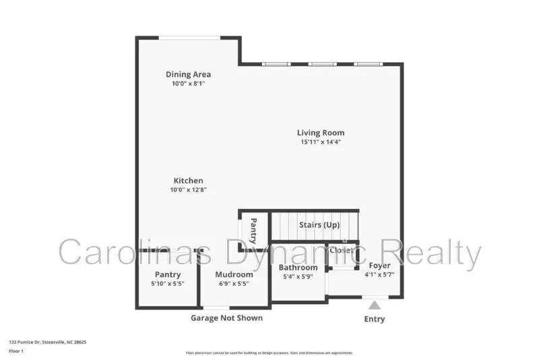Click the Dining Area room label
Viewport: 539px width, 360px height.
(x=189, y=74)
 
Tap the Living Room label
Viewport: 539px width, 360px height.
(x=321, y=133)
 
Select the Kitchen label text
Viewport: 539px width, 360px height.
(x=189, y=181)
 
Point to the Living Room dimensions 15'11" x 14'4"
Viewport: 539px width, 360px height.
(x=321, y=142)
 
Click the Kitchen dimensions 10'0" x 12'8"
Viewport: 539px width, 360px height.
(x=189, y=190)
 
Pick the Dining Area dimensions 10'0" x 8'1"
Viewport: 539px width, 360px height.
(x=189, y=84)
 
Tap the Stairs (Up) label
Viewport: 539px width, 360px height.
(x=319, y=224)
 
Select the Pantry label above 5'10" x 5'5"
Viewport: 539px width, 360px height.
(x=168, y=274)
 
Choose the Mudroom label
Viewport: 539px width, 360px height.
(x=234, y=274)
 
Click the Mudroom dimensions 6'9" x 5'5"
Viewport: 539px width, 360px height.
(x=234, y=284)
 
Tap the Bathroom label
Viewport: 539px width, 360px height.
(x=298, y=268)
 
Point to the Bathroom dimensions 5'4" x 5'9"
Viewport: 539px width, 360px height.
(x=298, y=277)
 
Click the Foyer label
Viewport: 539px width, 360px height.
(x=379, y=266)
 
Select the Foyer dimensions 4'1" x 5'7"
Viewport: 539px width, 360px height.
(x=379, y=275)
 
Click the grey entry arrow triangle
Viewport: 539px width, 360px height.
(x=375, y=305)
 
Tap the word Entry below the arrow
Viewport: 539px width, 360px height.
(x=375, y=319)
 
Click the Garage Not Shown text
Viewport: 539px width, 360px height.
(x=226, y=318)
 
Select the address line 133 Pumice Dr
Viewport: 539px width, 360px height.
(x=47, y=342)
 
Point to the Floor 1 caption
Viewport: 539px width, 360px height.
(x=16, y=351)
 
